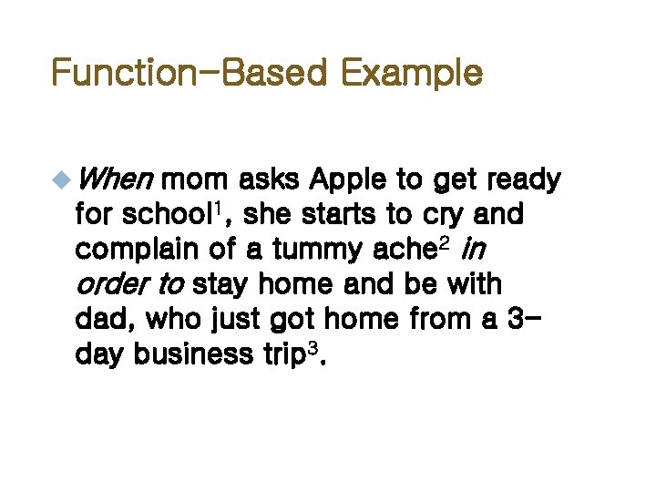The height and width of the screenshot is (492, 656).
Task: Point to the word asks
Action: pos(276,181)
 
